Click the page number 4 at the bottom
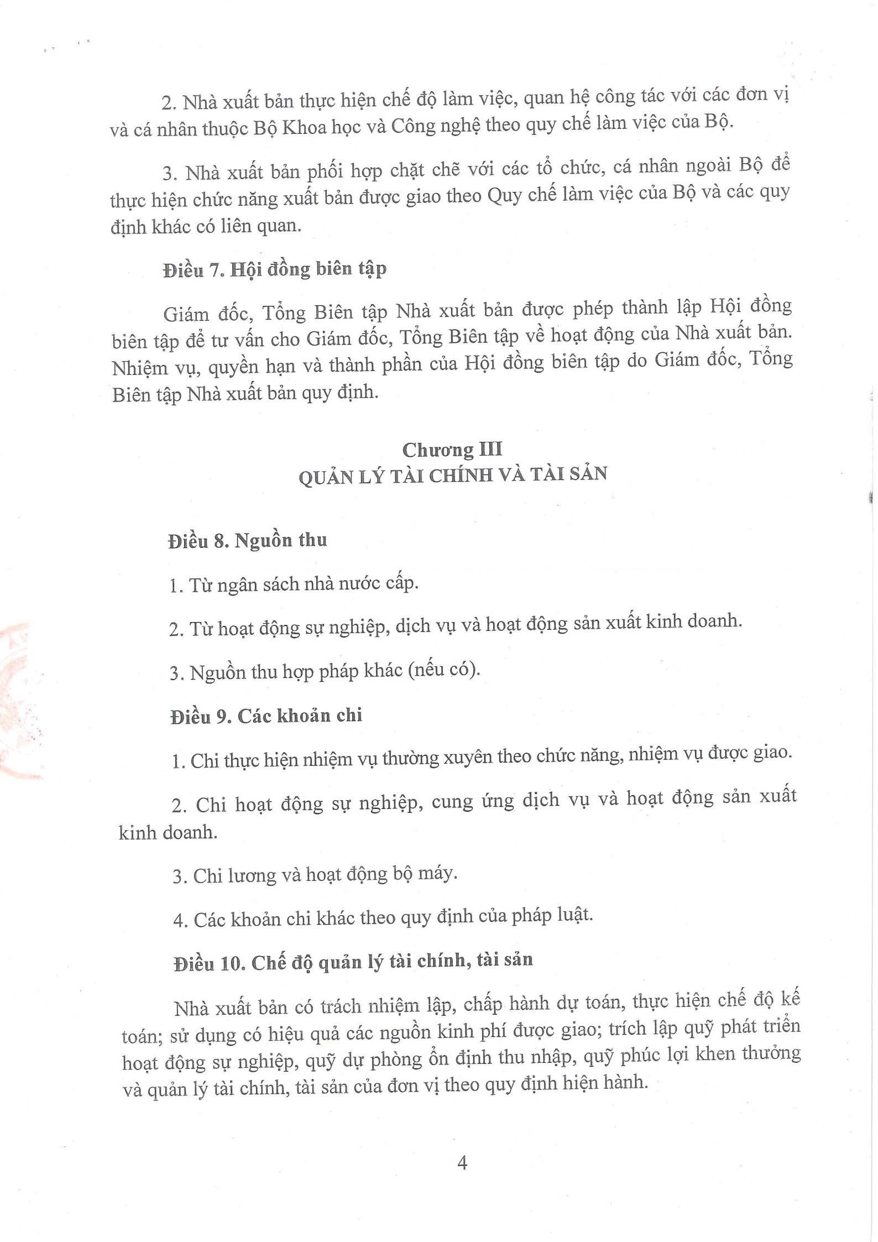pos(462,1163)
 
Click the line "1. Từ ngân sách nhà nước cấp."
pos(294,585)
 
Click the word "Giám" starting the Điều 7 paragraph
pos(186,315)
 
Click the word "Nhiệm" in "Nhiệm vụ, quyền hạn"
pos(139,368)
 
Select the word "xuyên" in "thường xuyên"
pos(467,756)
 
